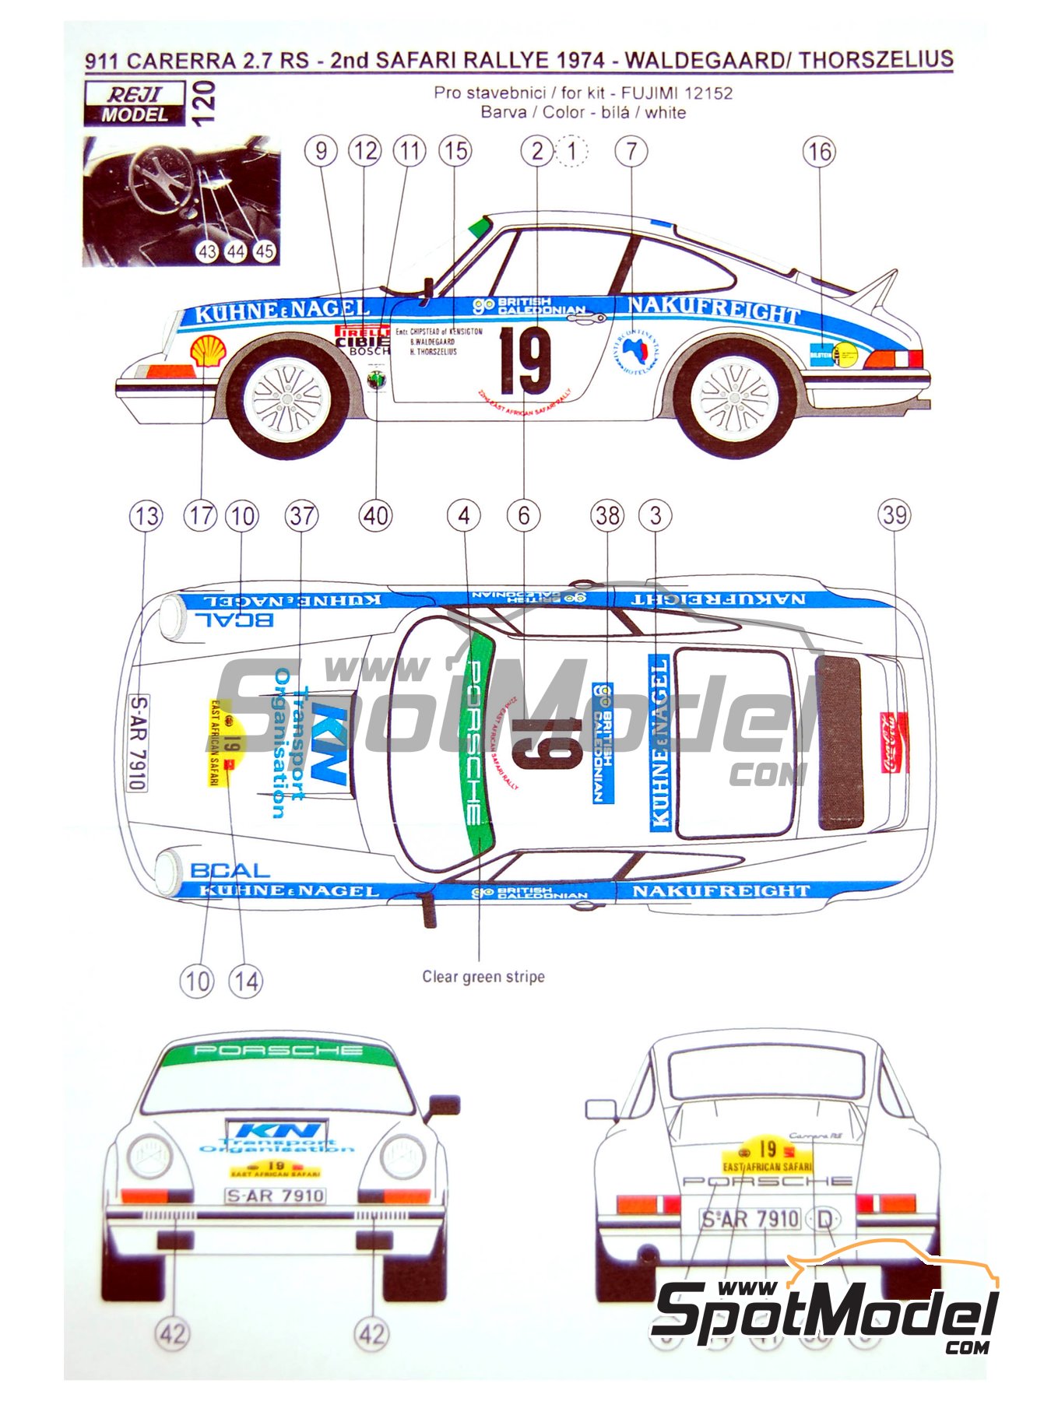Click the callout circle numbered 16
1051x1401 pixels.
pyautogui.click(x=819, y=151)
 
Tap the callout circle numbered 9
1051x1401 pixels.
pyautogui.click(x=321, y=150)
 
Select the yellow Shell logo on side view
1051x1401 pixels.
pyautogui.click(x=209, y=352)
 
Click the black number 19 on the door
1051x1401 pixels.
pyautogui.click(x=525, y=360)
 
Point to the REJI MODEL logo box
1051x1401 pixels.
pyautogui.click(x=135, y=104)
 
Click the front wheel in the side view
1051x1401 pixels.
pyautogui.click(x=287, y=397)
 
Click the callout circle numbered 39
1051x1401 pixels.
pyautogui.click(x=895, y=514)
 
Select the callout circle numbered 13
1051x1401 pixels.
pyautogui.click(x=146, y=515)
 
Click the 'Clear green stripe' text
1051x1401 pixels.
pyautogui.click(x=483, y=976)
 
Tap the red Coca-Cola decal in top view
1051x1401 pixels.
pyautogui.click(x=895, y=743)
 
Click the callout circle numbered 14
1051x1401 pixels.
pyautogui.click(x=245, y=981)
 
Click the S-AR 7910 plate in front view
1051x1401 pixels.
pyautogui.click(x=276, y=1196)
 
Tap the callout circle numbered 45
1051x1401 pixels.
pyautogui.click(x=265, y=251)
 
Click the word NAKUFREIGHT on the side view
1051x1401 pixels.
pyautogui.click(x=714, y=309)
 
